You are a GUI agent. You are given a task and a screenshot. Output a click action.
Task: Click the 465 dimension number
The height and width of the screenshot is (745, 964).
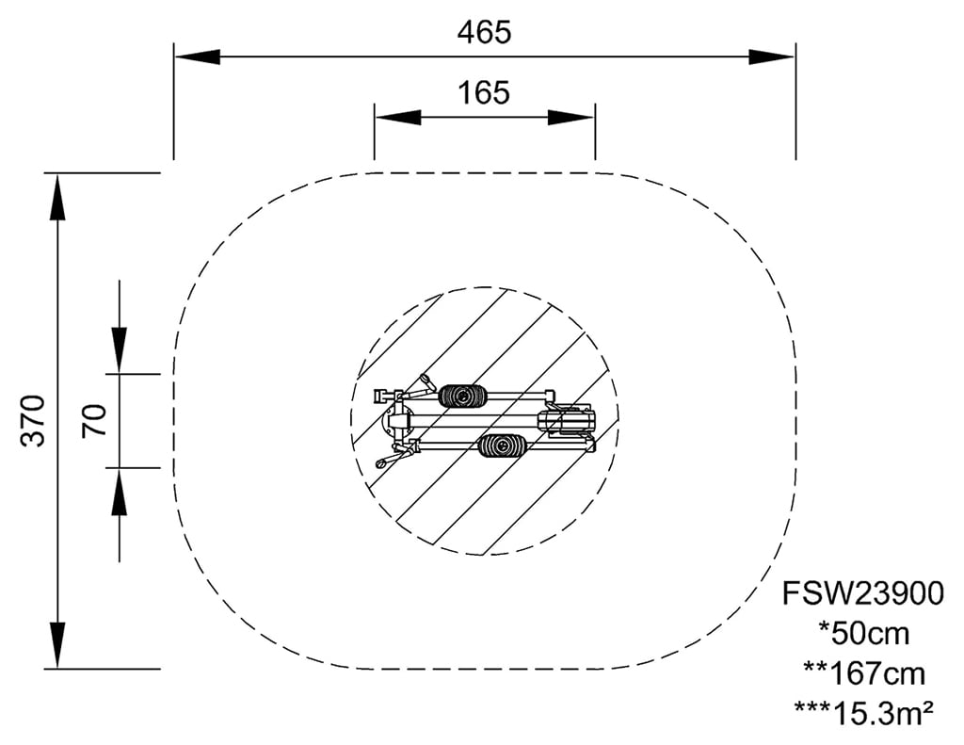click(x=484, y=32)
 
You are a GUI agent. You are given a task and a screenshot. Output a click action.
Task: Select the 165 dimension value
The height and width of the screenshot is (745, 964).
click(x=484, y=92)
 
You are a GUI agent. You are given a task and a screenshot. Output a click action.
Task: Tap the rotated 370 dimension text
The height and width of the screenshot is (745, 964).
click(x=33, y=421)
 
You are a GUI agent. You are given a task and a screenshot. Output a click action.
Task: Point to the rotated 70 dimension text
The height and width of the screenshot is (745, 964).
click(x=94, y=420)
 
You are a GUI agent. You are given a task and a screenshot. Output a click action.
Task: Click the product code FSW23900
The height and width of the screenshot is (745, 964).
click(x=862, y=593)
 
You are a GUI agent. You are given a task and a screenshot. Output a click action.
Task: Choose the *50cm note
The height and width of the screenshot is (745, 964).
click(x=864, y=633)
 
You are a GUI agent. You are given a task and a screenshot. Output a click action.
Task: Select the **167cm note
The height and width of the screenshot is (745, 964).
click(x=864, y=673)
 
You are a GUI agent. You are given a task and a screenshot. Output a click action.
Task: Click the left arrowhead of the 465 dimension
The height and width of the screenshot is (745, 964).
click(x=198, y=57)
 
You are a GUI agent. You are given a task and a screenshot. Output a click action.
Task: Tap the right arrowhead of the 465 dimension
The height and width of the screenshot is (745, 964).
click(x=772, y=57)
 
